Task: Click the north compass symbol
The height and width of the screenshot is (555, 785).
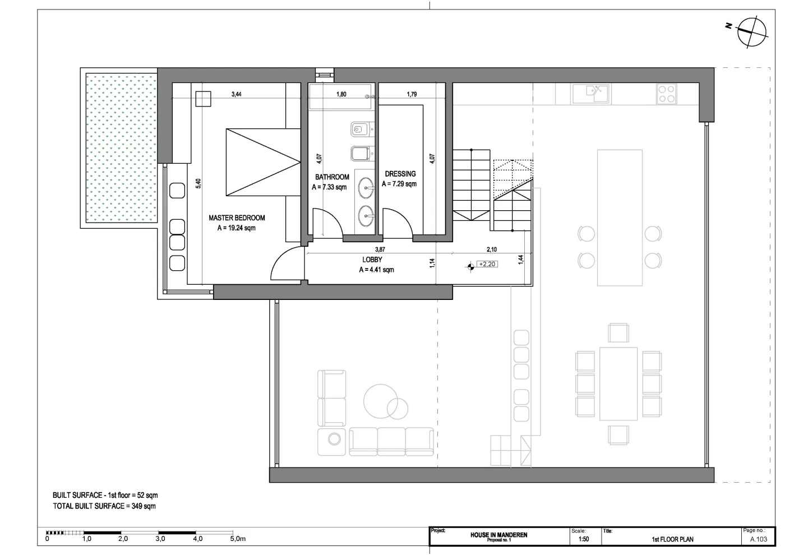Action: coord(752,32)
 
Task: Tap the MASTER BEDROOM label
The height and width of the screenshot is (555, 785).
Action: coord(237,218)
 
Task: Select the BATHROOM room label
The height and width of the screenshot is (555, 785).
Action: coord(332,177)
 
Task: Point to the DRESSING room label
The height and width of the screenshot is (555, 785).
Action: coord(400,174)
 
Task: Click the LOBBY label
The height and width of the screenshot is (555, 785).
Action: coord(372,260)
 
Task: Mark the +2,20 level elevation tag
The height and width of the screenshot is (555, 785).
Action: coord(487,264)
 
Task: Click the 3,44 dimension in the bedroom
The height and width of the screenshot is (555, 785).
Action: coord(237,94)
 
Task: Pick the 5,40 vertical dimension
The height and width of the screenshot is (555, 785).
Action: coord(198,184)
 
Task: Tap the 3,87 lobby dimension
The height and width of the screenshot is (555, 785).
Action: coord(380,249)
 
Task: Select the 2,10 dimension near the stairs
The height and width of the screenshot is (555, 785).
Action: coord(492,249)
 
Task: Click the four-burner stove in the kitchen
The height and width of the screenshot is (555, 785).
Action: coord(667,94)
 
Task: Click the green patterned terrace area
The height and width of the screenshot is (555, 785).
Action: coord(121,147)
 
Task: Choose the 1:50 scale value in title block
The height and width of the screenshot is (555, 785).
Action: coord(584,539)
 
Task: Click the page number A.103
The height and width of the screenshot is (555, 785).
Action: coord(759,539)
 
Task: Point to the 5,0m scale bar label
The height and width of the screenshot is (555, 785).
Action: coord(238,539)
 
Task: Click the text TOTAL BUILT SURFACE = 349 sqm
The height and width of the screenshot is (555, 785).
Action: coord(104,506)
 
